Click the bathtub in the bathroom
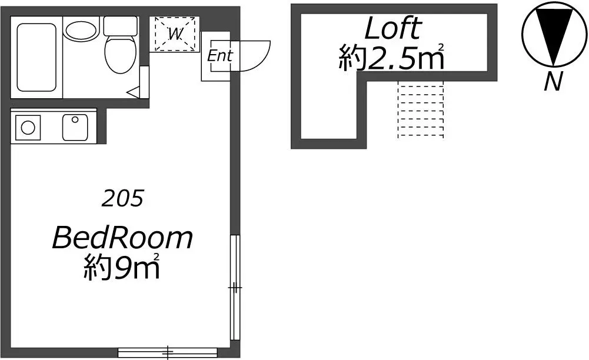pos(36,58)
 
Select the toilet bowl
pos(120,54)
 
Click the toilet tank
pos(120,26)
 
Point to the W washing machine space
pos(175,34)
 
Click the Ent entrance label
pos(220,56)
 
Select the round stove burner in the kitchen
pos(28,128)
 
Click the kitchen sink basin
pos(75,127)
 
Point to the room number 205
pos(122,198)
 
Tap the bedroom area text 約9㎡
pos(122,266)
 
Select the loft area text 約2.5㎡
pos(392,58)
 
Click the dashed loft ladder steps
pos(421,109)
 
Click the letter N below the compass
pos(553,81)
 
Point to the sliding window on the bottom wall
pos(168,353)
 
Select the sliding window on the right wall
pos(235,288)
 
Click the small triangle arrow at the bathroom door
pos(134,91)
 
